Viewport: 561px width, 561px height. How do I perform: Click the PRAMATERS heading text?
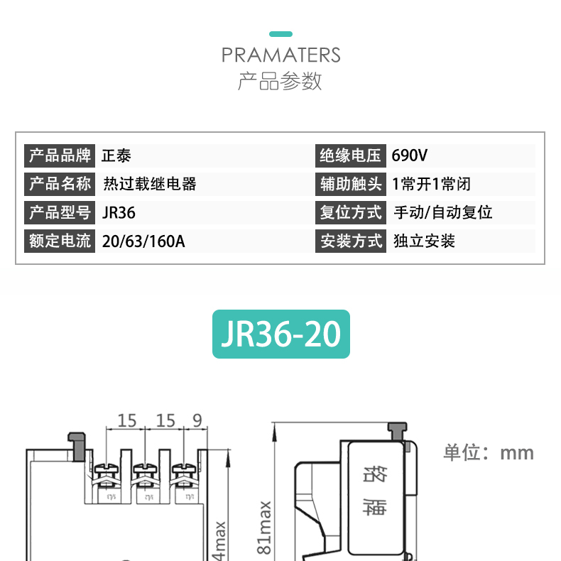coord(280,55)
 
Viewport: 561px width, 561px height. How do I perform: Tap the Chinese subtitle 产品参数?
coord(280,81)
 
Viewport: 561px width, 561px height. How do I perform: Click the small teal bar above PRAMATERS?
coord(280,34)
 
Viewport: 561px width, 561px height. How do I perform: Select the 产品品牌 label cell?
coord(60,156)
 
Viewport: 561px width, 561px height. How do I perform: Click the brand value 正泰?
coord(116,156)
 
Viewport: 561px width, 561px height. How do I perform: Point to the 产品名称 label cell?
coord(60,184)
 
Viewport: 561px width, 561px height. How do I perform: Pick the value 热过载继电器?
coord(149,184)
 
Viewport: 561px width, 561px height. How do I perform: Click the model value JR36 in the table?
coord(119,212)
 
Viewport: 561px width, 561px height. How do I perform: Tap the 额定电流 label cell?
coord(60,241)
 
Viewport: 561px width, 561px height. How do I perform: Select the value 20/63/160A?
coord(143,241)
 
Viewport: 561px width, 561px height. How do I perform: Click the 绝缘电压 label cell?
coord(351,156)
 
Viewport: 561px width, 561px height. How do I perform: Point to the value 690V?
coord(410,156)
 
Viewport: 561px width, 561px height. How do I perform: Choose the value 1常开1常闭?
coord(431,184)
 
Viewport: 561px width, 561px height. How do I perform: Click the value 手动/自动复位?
coord(442,212)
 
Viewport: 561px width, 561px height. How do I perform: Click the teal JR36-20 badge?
coord(281,334)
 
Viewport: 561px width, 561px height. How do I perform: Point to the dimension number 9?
coord(197,420)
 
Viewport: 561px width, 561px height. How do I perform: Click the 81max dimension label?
coord(264,527)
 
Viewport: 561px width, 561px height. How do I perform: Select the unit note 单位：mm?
coord(488,452)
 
